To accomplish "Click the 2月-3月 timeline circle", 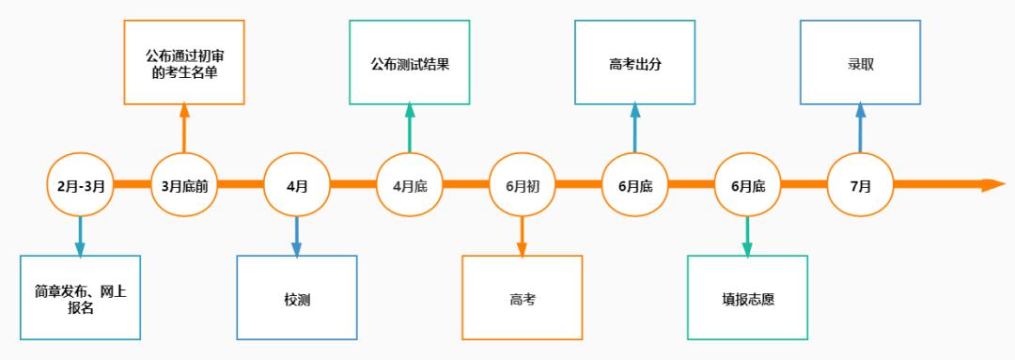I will tap(80, 185).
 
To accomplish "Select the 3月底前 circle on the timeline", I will tap(184, 185).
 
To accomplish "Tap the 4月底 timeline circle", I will tap(410, 185).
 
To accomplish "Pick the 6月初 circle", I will tap(522, 185).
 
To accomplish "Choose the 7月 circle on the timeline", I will tap(860, 185).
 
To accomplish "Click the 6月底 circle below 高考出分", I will tap(635, 185).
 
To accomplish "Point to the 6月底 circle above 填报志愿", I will tap(747, 185).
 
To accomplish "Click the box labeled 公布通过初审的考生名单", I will tap(184, 62).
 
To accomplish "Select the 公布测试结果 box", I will tap(410, 62).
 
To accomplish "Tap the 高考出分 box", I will tap(635, 62).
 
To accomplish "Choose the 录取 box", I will tap(860, 62).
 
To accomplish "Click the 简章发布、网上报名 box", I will tap(80, 297).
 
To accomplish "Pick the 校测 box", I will tap(297, 297).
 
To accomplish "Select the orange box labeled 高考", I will tap(522, 297).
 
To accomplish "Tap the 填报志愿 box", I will tap(747, 297).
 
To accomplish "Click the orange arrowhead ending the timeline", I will tap(992, 185).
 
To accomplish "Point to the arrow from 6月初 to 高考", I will tap(522, 235).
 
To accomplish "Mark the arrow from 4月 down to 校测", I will tap(297, 235).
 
